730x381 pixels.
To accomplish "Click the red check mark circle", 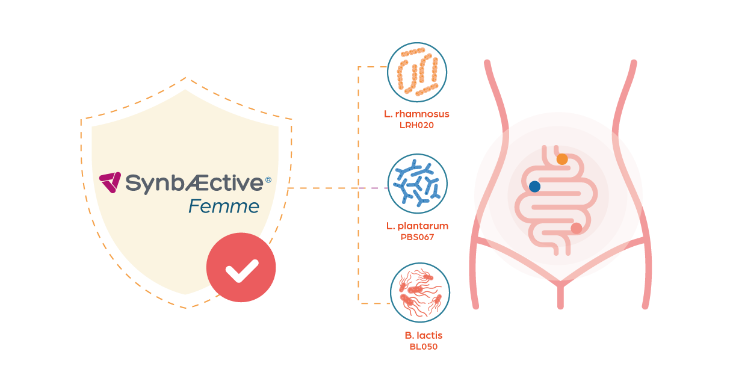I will pyautogui.click(x=241, y=268).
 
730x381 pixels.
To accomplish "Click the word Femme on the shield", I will pyautogui.click(x=224, y=207).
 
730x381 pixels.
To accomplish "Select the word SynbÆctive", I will pyautogui.click(x=194, y=182).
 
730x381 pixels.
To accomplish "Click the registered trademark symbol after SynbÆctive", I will pyautogui.click(x=268, y=179).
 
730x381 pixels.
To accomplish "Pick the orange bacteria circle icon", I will pyautogui.click(x=417, y=71).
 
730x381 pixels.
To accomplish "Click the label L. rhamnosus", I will pyautogui.click(x=417, y=114).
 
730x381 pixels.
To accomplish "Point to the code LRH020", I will pyautogui.click(x=417, y=125).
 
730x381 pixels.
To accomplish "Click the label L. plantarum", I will pyautogui.click(x=417, y=226).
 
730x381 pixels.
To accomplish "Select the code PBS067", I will pyautogui.click(x=417, y=237).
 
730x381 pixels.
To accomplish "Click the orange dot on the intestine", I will pyautogui.click(x=561, y=159).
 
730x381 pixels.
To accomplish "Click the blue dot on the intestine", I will pyautogui.click(x=534, y=187).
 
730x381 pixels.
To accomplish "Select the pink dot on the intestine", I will pyautogui.click(x=576, y=228).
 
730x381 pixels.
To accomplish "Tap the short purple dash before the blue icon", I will pyautogui.click(x=374, y=188).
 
